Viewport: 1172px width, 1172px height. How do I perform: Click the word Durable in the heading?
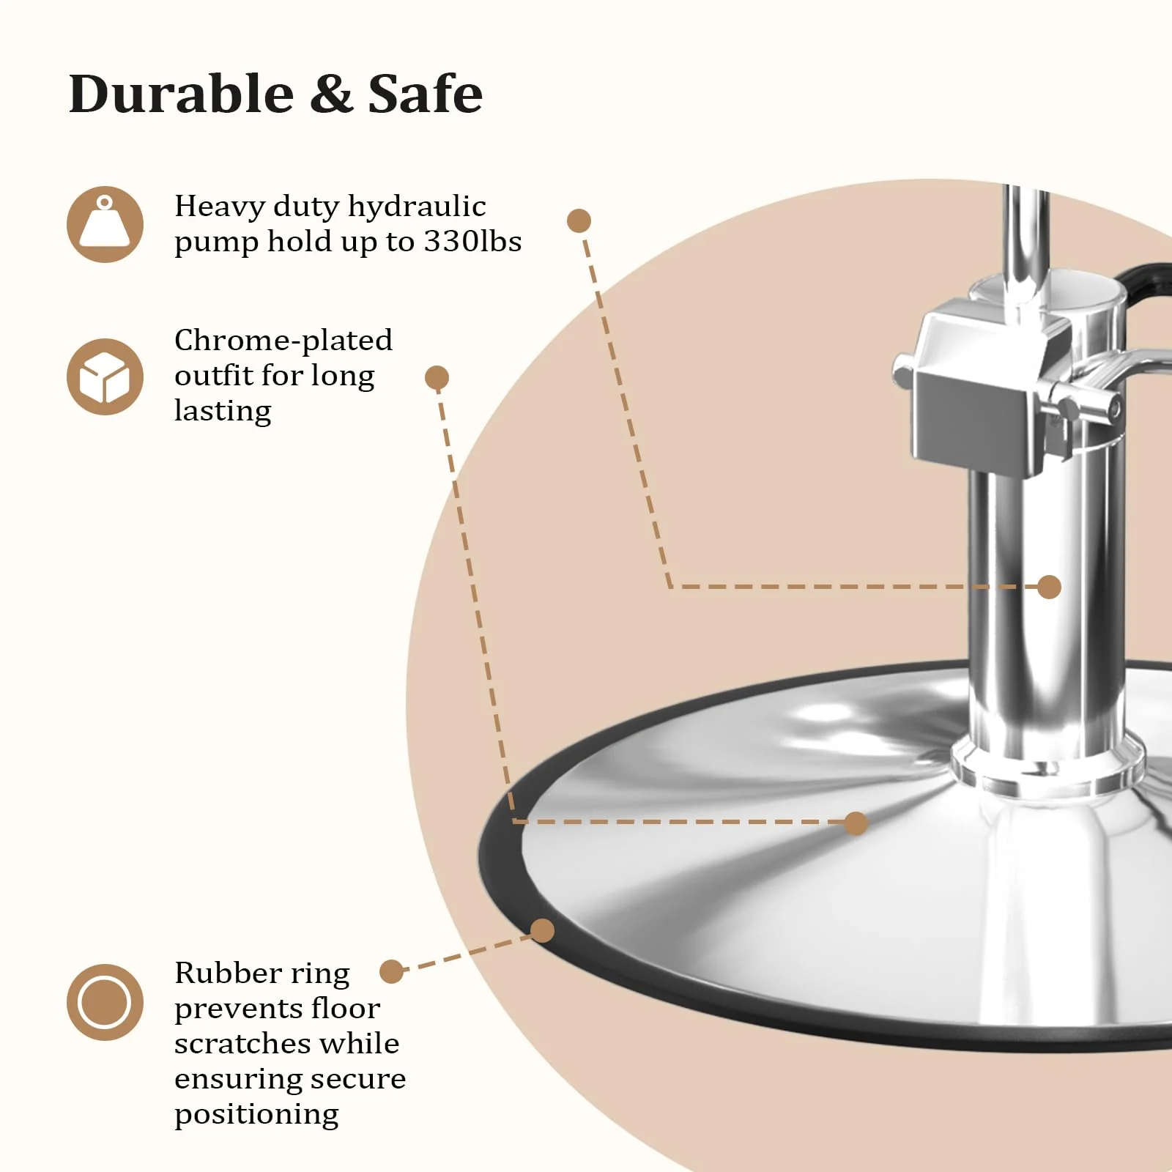click(181, 95)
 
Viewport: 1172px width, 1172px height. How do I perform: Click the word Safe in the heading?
click(425, 95)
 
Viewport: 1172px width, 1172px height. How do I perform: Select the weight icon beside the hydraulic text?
click(105, 224)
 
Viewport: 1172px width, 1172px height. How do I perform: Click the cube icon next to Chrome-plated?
click(105, 377)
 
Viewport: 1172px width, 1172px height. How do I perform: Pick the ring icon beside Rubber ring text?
click(105, 1002)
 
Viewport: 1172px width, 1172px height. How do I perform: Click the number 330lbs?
click(472, 242)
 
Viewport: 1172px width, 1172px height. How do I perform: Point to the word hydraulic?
click(416, 207)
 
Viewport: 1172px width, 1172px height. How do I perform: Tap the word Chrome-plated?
click(283, 341)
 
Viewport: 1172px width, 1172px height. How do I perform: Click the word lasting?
click(223, 411)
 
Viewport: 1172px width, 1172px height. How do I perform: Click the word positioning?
click(256, 1114)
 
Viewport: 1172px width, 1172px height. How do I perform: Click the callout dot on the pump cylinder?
click(1049, 587)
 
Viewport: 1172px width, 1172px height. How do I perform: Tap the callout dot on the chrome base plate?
click(856, 823)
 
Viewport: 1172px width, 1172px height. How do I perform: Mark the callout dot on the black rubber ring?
click(542, 931)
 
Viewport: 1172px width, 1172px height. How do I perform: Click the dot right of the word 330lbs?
click(579, 220)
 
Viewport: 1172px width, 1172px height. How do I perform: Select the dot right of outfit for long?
click(437, 378)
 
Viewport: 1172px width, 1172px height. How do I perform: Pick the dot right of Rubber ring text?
click(392, 972)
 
